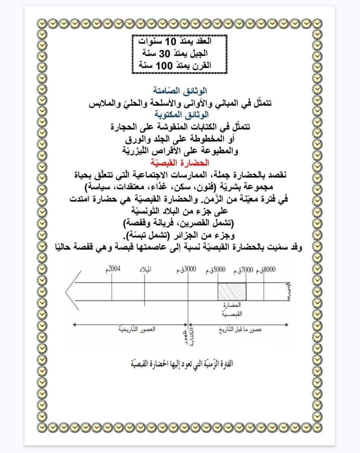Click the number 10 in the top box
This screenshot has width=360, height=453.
[x=170, y=42]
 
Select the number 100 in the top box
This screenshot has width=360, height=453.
[x=165, y=65]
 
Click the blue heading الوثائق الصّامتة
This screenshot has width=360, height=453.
[x=180, y=91]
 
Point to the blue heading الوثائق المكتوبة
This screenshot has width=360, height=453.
[x=181, y=115]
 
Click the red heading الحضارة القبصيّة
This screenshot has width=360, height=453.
[x=180, y=163]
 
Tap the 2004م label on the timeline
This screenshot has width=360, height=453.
[x=113, y=269]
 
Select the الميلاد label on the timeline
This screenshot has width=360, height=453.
[x=145, y=269]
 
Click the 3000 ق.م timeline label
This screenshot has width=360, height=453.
[x=186, y=270]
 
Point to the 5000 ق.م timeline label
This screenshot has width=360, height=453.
[x=216, y=270]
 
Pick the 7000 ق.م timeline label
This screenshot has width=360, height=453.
[x=244, y=270]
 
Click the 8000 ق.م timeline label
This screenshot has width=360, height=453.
[x=266, y=270]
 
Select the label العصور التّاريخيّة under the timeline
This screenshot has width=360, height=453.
[x=137, y=329]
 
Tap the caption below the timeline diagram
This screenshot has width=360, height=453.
[x=182, y=363]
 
